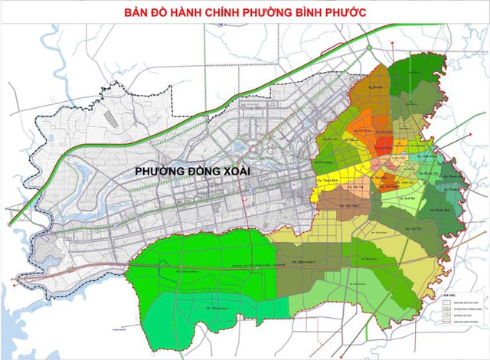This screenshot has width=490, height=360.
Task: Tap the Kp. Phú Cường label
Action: click(325, 162)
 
